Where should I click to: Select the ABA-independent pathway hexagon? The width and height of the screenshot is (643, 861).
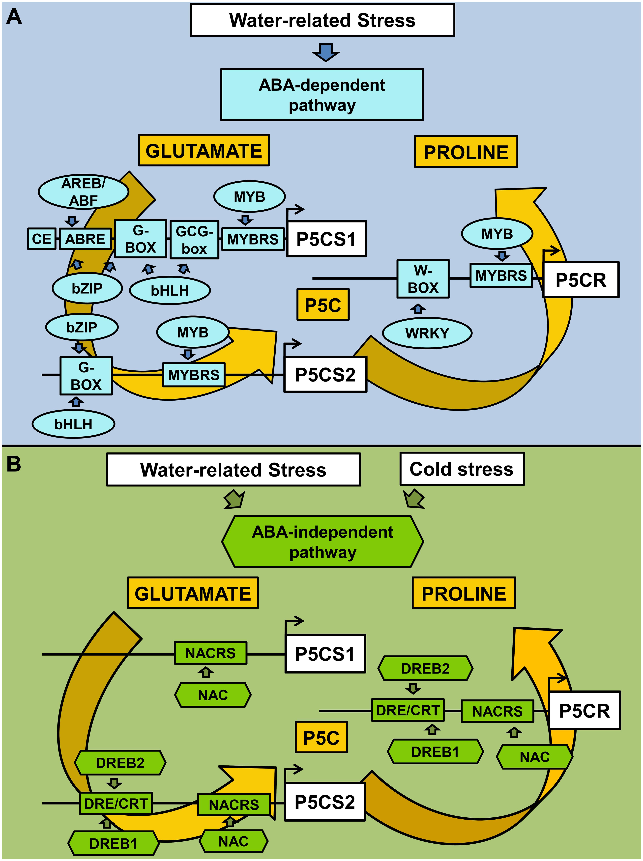coord(323,542)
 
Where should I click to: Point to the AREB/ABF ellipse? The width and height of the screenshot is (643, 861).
coord(83,192)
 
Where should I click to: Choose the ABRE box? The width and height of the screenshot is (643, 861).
coord(85,239)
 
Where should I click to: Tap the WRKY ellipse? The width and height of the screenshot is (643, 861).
coord(427,333)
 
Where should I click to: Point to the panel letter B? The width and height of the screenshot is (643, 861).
coord(14,464)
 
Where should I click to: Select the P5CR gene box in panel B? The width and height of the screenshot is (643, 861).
coord(584,710)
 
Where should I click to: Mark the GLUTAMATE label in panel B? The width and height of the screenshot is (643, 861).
coord(193,593)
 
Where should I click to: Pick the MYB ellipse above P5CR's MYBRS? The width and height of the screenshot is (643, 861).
coord(497,234)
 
